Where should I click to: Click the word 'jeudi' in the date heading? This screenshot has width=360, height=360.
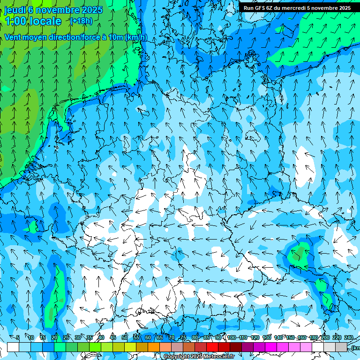pyautogui.click(x=15, y=10)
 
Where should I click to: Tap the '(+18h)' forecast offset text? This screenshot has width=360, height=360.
pyautogui.click(x=81, y=21)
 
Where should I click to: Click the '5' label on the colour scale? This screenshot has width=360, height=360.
pyautogui.click(x=18, y=337)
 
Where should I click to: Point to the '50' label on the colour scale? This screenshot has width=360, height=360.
pyautogui.click(x=125, y=337)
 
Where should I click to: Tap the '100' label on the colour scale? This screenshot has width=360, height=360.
pyautogui.click(x=232, y=337)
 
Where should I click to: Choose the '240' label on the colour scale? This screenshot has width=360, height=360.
pyautogui.click(x=349, y=337)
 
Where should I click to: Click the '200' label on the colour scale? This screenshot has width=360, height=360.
pyautogui.click(x=325, y=337)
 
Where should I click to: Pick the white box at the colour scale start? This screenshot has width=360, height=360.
pyautogui.click(x=13, y=347)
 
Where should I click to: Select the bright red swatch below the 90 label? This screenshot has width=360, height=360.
pyautogui.click(x=212, y=347)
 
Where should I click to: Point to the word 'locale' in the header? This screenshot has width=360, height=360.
pyautogui.click(x=45, y=21)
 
